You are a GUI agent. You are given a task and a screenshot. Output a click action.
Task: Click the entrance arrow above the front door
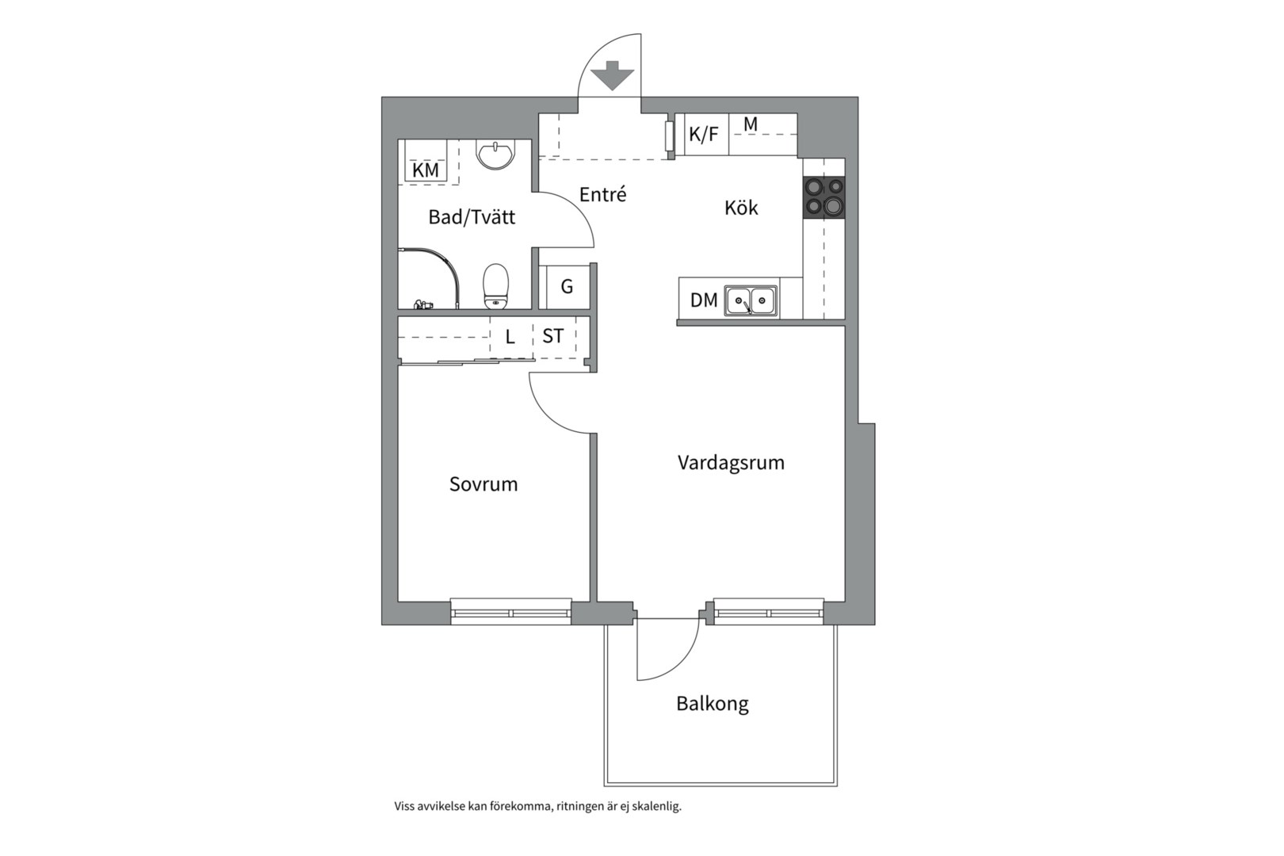click(612, 75)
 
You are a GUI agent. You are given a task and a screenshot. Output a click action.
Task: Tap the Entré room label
click(602, 194)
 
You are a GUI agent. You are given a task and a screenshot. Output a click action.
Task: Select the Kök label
click(741, 207)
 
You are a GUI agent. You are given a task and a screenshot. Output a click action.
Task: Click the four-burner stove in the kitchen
click(824, 197)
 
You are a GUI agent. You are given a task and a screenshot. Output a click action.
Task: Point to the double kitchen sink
click(751, 301)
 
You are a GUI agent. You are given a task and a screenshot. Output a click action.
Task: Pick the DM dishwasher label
click(704, 300)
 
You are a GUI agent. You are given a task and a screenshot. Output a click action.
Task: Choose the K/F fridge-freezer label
click(703, 134)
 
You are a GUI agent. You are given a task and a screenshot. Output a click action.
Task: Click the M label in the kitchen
click(751, 124)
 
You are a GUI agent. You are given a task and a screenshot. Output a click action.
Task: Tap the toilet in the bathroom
click(496, 286)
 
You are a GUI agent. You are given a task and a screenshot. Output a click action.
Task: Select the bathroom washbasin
click(496, 155)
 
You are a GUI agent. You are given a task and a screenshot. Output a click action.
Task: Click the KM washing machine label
click(426, 170)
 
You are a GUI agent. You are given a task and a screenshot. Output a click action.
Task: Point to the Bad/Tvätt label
click(472, 216)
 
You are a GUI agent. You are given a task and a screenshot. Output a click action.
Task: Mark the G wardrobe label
click(567, 286)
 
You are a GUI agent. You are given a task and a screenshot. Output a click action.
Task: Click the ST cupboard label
click(552, 335)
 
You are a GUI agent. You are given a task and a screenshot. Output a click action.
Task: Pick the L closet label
click(510, 337)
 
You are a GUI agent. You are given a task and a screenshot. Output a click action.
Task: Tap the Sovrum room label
click(483, 484)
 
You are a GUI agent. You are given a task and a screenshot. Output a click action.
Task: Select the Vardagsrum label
click(731, 462)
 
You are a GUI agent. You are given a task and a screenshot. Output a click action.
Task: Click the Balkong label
click(713, 704)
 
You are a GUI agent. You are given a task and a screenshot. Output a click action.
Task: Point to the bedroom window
click(510, 611)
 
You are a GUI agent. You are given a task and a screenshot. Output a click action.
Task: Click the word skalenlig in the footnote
click(658, 807)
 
